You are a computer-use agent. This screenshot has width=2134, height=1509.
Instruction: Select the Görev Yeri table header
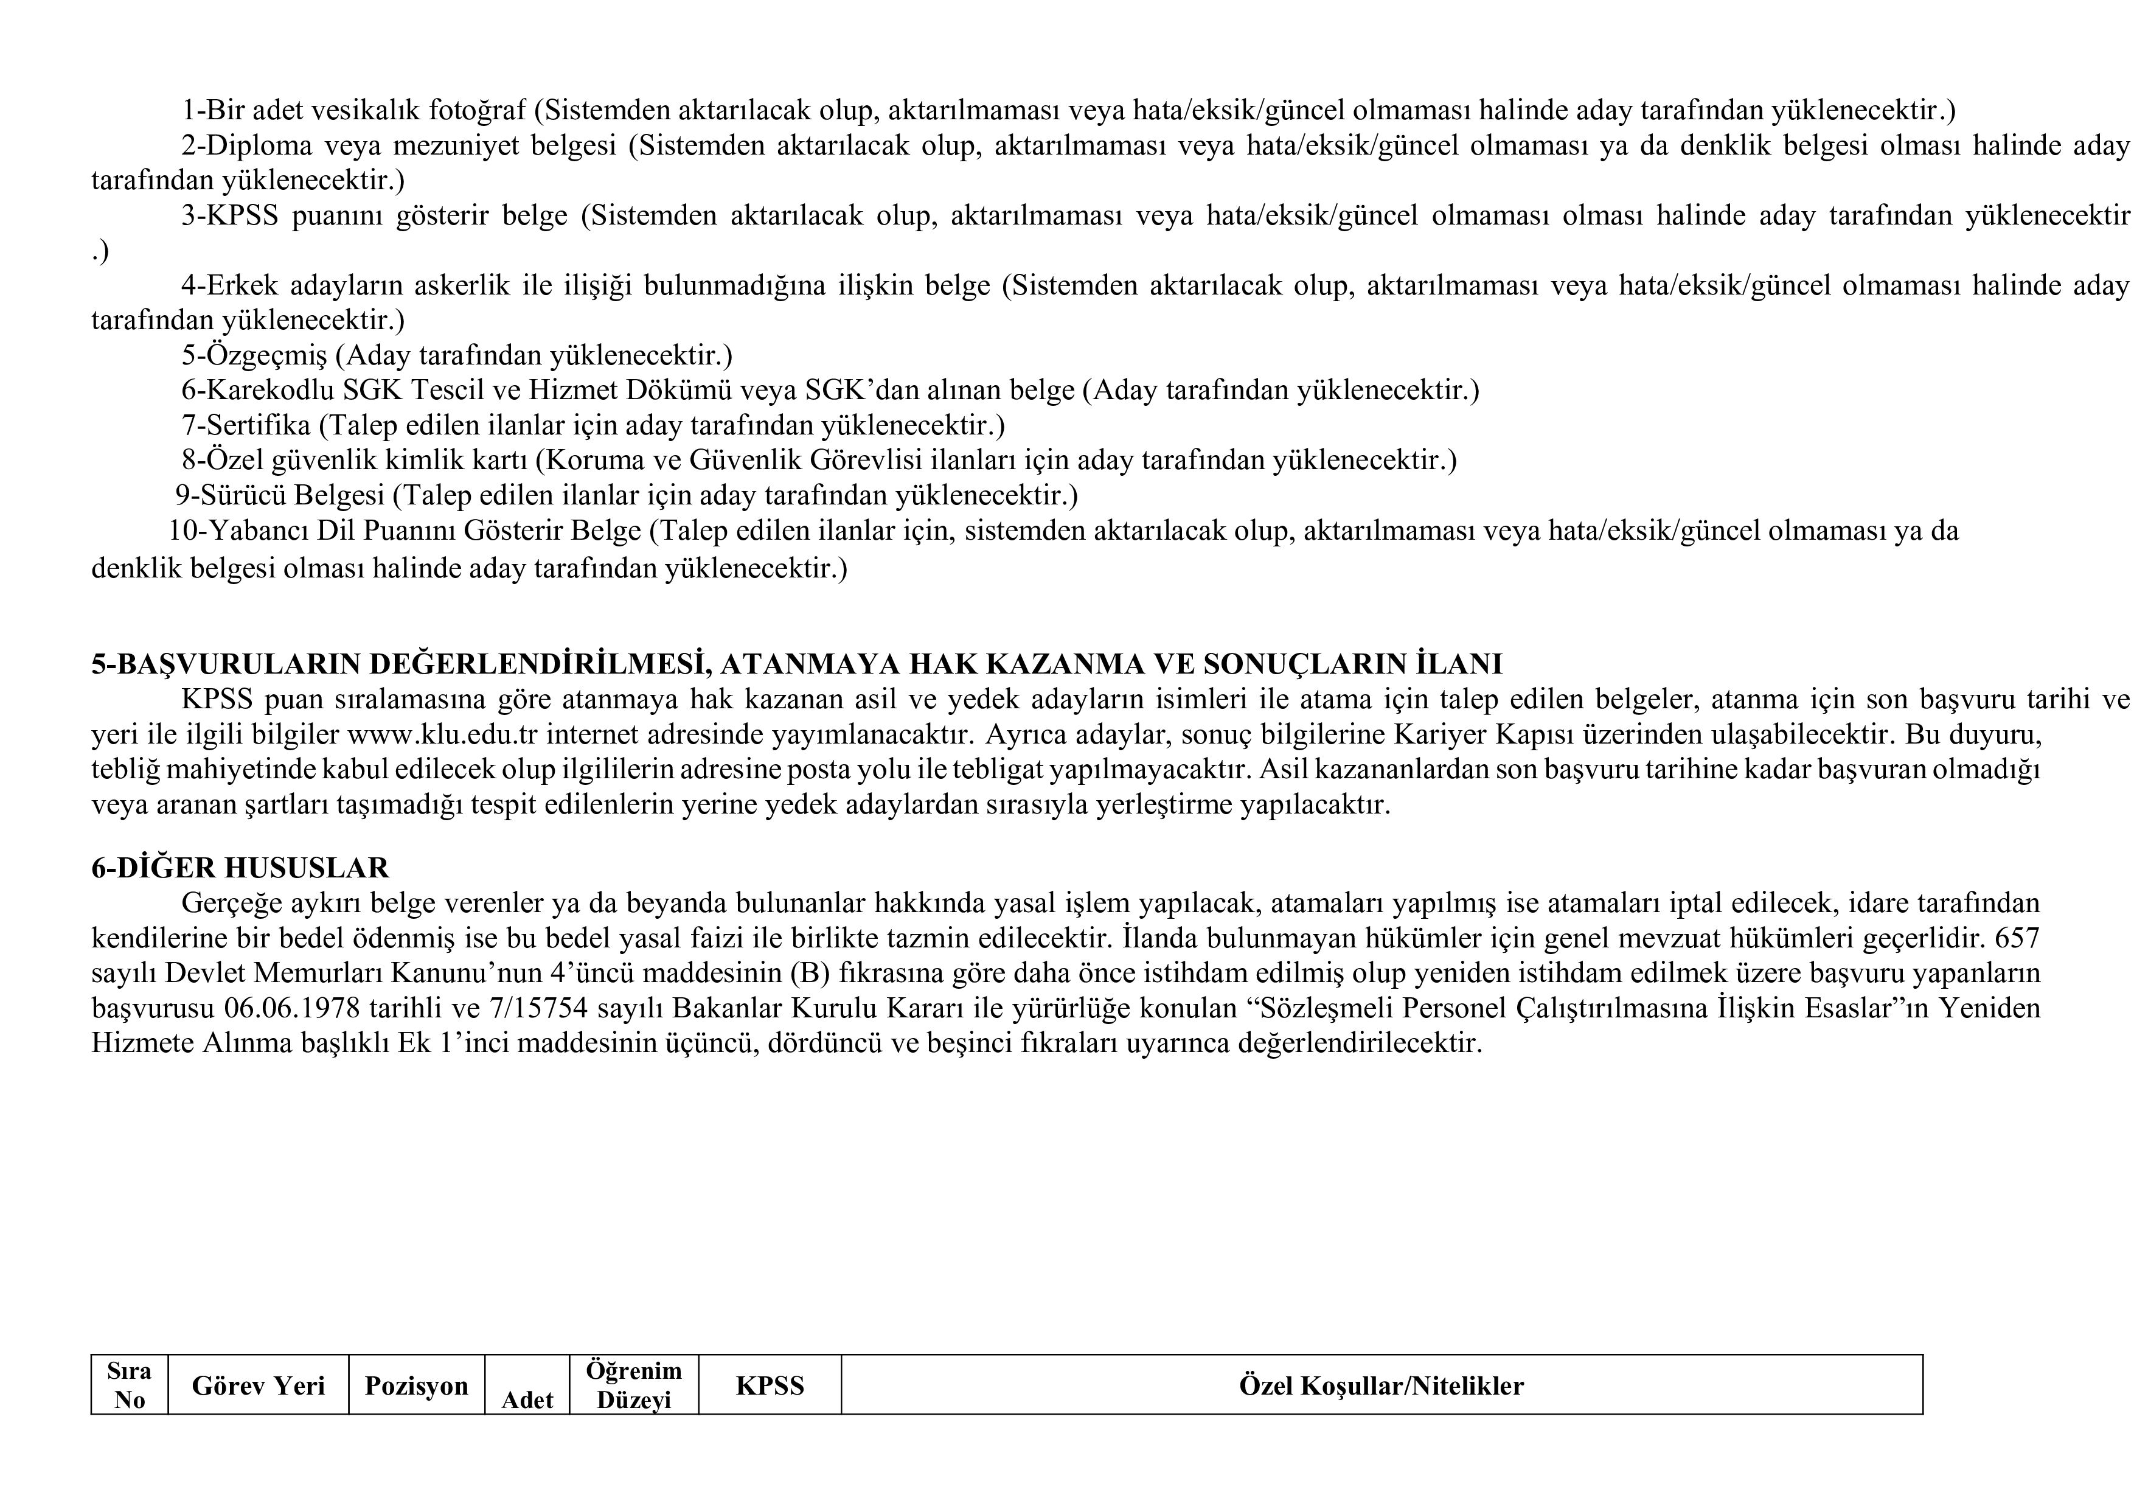[259, 1385]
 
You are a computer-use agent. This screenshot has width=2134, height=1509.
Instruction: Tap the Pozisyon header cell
[416, 1385]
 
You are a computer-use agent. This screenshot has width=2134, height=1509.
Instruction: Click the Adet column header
[527, 1398]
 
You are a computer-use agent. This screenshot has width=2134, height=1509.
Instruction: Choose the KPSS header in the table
[770, 1385]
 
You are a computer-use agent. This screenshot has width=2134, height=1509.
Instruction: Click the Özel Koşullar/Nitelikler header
[1381, 1385]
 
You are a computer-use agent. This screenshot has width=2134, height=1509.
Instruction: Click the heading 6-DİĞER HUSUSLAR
[240, 868]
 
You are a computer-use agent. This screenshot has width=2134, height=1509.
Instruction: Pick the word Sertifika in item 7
[259, 425]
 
